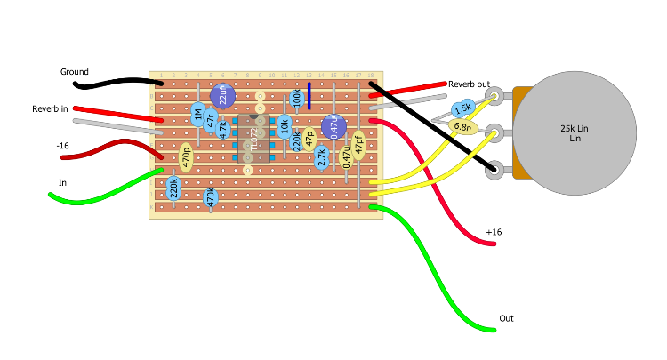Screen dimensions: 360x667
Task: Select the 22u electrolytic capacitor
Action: (x=223, y=95)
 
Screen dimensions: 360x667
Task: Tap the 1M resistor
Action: (x=198, y=113)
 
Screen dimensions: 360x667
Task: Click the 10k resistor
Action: (x=285, y=125)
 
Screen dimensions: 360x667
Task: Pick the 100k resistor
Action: (x=296, y=96)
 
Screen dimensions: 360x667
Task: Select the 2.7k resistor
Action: (x=322, y=157)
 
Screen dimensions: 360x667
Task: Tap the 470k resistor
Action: (x=211, y=197)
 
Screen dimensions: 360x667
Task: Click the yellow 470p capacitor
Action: (x=186, y=157)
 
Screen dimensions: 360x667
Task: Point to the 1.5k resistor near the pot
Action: (x=462, y=109)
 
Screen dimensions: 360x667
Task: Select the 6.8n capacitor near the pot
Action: (x=463, y=127)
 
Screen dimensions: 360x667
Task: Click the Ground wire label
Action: (x=75, y=72)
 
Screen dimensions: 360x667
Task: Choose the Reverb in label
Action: (x=51, y=108)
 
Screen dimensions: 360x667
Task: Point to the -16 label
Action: (x=62, y=144)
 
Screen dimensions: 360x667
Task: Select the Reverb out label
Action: (x=469, y=84)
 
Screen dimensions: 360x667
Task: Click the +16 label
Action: (x=494, y=232)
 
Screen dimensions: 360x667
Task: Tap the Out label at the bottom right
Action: (x=506, y=318)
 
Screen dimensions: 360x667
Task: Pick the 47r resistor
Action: (x=211, y=119)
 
